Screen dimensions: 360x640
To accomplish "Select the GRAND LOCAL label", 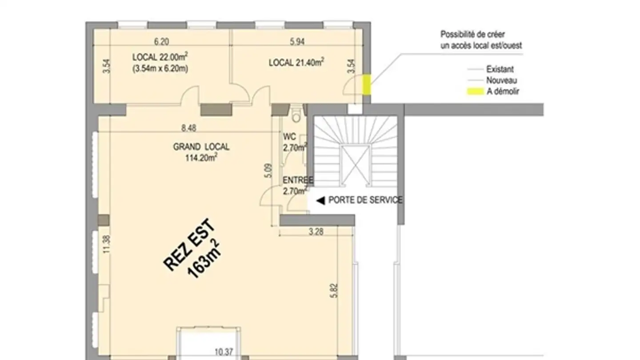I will (201, 147).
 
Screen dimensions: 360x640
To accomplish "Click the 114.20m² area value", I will (201, 157).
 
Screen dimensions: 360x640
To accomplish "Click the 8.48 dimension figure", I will (188, 128).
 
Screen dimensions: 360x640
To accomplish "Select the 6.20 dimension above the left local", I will (161, 42).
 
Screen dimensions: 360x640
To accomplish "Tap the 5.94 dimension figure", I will (297, 42).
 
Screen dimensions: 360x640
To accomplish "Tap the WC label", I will (289, 137).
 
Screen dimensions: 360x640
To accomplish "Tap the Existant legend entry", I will (500, 69).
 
